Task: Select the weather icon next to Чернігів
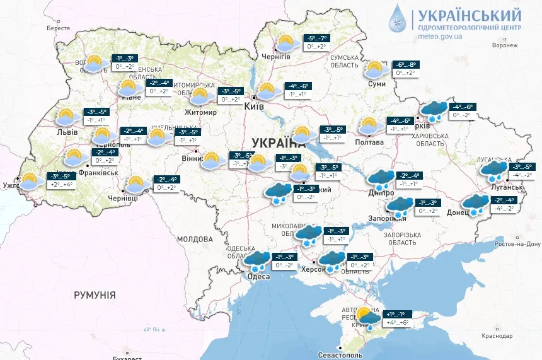coord(287,44)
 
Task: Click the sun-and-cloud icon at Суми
coord(376,69)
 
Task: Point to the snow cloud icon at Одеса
coord(257,261)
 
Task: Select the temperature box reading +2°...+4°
coord(61,185)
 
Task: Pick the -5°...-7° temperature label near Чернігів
coord(317,38)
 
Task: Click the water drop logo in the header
coord(398,18)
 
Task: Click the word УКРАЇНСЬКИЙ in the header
coord(470,15)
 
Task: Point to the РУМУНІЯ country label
coord(95,294)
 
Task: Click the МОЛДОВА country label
coord(195,240)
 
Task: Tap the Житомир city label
coord(201,113)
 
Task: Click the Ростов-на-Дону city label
coord(517,244)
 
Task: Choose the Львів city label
coord(67,132)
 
